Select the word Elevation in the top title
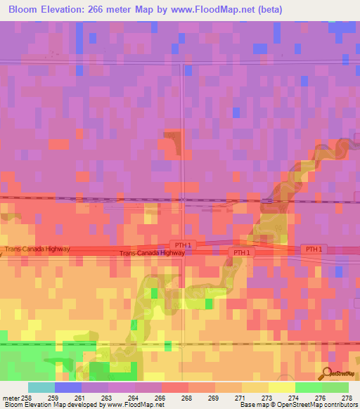click(x=66, y=10)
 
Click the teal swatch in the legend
click(x=41, y=387)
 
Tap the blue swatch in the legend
click(x=68, y=387)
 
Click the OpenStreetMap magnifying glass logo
click(x=326, y=373)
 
